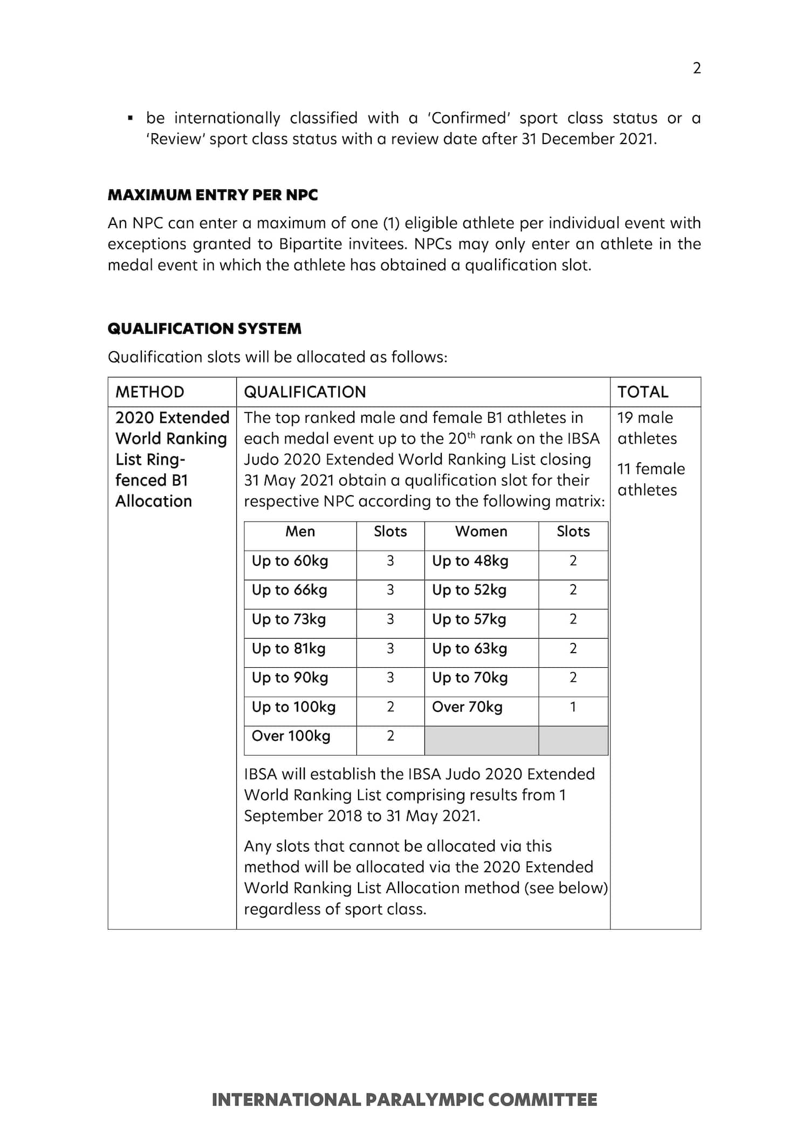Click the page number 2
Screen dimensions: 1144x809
coord(696,68)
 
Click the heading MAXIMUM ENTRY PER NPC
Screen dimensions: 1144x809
coord(212,195)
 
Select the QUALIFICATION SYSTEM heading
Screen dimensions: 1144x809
coord(204,328)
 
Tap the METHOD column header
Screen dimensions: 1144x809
coord(150,392)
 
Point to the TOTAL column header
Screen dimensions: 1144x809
coord(642,392)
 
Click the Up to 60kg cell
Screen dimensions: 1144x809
coord(290,561)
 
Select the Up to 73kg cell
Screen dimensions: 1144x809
coord(289,619)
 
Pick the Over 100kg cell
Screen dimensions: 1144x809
coord(291,736)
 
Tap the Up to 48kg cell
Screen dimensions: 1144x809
coord(470,561)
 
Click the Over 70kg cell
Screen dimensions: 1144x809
coord(467,707)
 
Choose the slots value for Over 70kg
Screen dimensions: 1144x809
coord(573,707)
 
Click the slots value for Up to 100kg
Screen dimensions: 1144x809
coord(390,707)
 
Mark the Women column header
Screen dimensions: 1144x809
coord(481,531)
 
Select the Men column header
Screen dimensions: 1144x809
coord(300,531)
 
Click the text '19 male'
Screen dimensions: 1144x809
coord(645,417)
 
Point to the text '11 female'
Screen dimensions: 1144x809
coord(651,469)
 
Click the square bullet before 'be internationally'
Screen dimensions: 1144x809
coord(130,118)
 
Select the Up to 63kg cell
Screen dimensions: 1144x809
coord(470,648)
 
